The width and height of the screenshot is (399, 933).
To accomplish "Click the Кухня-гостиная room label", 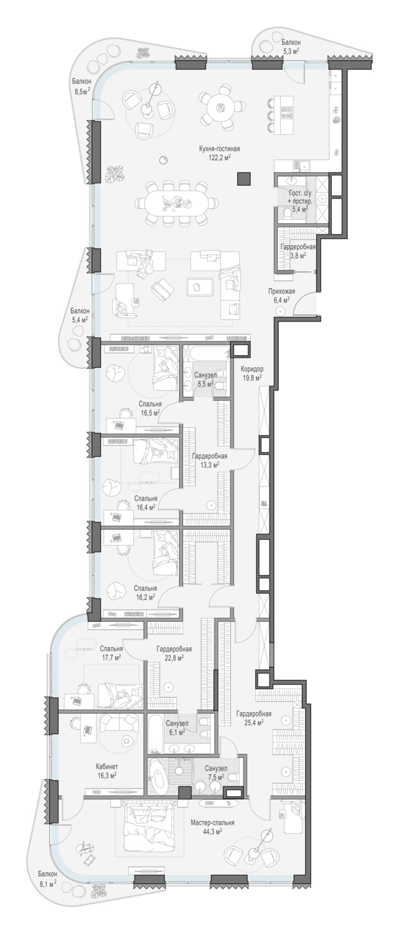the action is (x=219, y=149).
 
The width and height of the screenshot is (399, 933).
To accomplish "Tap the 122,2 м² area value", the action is (x=219, y=157).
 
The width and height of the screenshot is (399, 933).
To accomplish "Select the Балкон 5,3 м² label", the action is (x=291, y=46).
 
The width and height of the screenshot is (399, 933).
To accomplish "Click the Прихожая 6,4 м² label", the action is (x=279, y=295).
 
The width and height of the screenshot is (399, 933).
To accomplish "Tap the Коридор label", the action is (x=252, y=369).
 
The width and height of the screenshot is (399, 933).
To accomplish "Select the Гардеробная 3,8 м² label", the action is (x=298, y=251).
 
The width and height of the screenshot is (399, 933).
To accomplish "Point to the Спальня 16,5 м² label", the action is (x=150, y=409).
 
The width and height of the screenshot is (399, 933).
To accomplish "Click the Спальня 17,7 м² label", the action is (x=111, y=652).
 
